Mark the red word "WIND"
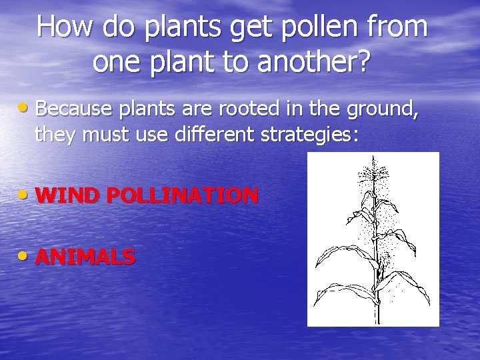pos(67,195)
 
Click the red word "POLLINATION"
pos(181,195)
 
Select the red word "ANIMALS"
pos(85,257)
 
